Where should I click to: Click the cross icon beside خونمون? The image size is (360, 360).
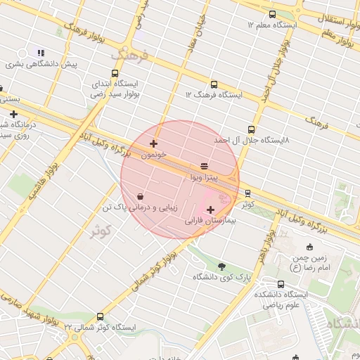pos(153,143)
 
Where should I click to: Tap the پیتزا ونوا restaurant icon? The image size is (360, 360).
pos(204,166)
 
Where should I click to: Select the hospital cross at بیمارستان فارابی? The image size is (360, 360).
pos(210,210)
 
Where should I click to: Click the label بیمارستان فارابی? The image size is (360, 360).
pos(211,220)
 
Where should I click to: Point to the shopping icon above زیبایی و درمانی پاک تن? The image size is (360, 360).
pos(142,196)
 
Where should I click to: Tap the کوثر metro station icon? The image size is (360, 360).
pos(247,193)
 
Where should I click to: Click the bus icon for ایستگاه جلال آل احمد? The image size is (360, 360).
pos(251,129)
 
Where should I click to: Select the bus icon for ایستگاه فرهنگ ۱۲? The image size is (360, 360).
pos(214,84)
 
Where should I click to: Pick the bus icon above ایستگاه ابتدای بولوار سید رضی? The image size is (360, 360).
pos(115,73)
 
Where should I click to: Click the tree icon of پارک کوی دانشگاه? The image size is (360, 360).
pos(222,266)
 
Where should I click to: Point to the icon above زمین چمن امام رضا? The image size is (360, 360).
pos(310,247)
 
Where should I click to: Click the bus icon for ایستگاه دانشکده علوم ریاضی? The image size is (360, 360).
pos(281,284)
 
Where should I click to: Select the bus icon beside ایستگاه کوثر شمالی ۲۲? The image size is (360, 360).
pos(100,317)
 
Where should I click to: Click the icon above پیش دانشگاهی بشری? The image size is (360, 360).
pos(40,53)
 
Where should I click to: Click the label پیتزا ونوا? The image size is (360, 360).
pos(204,178)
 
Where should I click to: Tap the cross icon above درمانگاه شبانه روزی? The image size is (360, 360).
pos(13,114)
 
